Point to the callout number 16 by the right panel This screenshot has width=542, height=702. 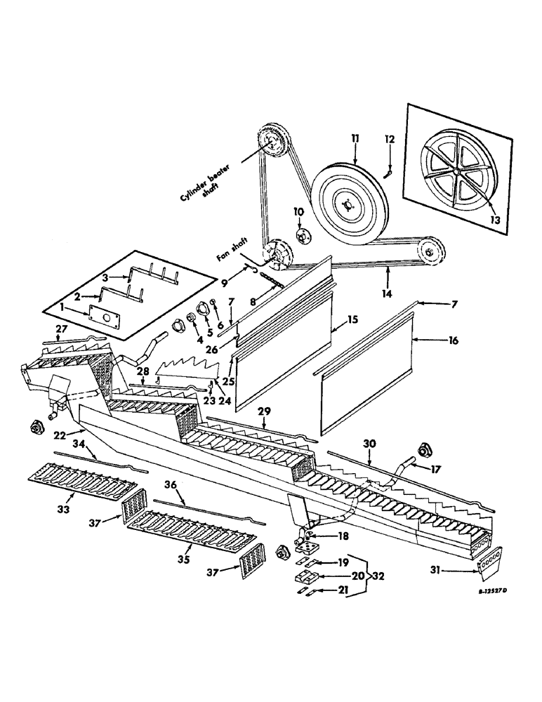453,341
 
